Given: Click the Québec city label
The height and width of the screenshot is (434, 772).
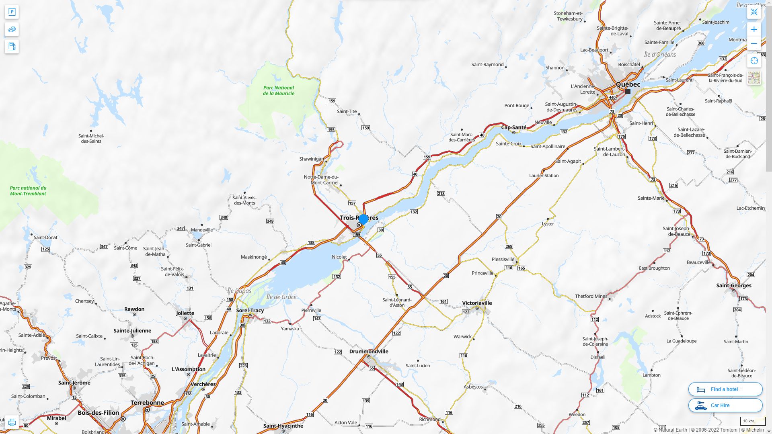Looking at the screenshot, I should pyautogui.click(x=628, y=84).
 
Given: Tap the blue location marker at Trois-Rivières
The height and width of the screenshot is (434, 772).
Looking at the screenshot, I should pyautogui.click(x=363, y=219).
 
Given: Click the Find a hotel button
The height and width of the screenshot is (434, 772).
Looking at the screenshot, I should pyautogui.click(x=725, y=389).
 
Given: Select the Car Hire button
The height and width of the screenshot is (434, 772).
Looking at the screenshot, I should pyautogui.click(x=725, y=405).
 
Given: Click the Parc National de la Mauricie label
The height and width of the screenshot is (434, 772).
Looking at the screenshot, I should pyautogui.click(x=279, y=90).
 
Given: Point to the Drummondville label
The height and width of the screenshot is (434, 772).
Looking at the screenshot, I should pyautogui.click(x=369, y=351).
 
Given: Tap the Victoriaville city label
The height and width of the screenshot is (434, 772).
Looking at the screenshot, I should pyautogui.click(x=477, y=303).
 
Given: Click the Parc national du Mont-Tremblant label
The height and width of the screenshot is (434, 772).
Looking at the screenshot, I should pyautogui.click(x=28, y=190).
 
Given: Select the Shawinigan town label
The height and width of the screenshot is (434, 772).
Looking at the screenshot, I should pyautogui.click(x=311, y=159).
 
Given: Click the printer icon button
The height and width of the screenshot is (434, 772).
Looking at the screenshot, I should pyautogui.click(x=12, y=422).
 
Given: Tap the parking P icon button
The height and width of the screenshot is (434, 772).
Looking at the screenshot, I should pyautogui.click(x=12, y=12).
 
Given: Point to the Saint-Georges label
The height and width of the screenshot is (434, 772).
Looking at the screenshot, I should pyautogui.click(x=733, y=285).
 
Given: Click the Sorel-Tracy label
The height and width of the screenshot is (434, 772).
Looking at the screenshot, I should pyautogui.click(x=250, y=310).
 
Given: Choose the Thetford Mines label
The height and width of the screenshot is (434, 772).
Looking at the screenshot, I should pyautogui.click(x=591, y=296).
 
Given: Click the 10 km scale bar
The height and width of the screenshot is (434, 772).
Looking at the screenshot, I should pyautogui.click(x=752, y=422).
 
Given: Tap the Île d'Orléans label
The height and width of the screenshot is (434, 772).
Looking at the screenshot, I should pyautogui.click(x=660, y=54).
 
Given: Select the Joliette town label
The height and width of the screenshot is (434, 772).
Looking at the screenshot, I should pyautogui.click(x=185, y=313).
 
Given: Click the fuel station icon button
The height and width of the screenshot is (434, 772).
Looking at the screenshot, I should pyautogui.click(x=12, y=46).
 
